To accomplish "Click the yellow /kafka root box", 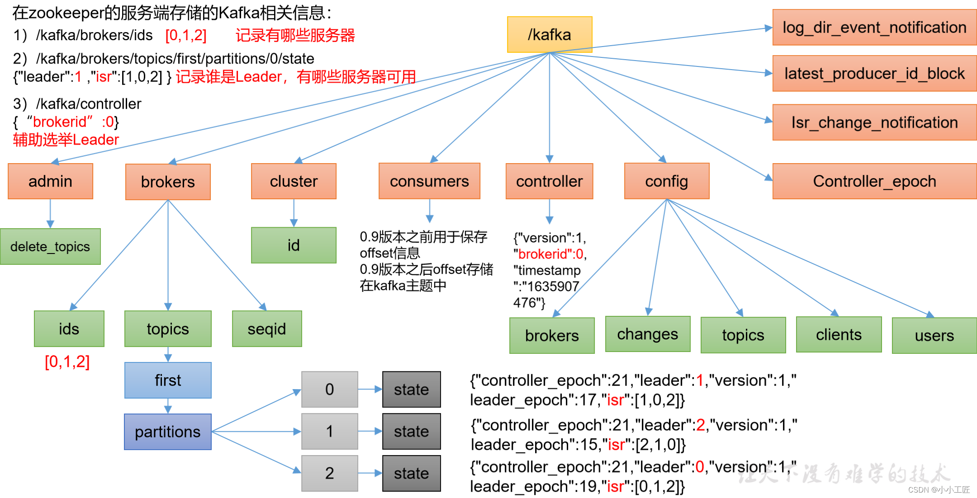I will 549,34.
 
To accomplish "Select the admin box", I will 50,181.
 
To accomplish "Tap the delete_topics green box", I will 50,246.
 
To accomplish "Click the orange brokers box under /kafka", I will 168,182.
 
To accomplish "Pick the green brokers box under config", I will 552,335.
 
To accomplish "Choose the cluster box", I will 294,181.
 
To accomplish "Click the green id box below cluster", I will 294,245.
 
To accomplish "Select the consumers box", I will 429,181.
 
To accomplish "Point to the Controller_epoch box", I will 874,181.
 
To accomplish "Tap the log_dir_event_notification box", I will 874,28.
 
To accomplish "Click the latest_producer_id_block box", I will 874,74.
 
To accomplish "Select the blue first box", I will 168,380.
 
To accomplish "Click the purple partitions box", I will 168,432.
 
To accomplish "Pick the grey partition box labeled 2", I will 329,473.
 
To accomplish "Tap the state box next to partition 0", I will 411,389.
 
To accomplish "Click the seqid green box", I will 267,329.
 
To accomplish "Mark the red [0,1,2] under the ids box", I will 67,362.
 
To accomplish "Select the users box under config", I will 934,335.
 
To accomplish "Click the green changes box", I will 647,334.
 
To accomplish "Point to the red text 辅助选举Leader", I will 66,140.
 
